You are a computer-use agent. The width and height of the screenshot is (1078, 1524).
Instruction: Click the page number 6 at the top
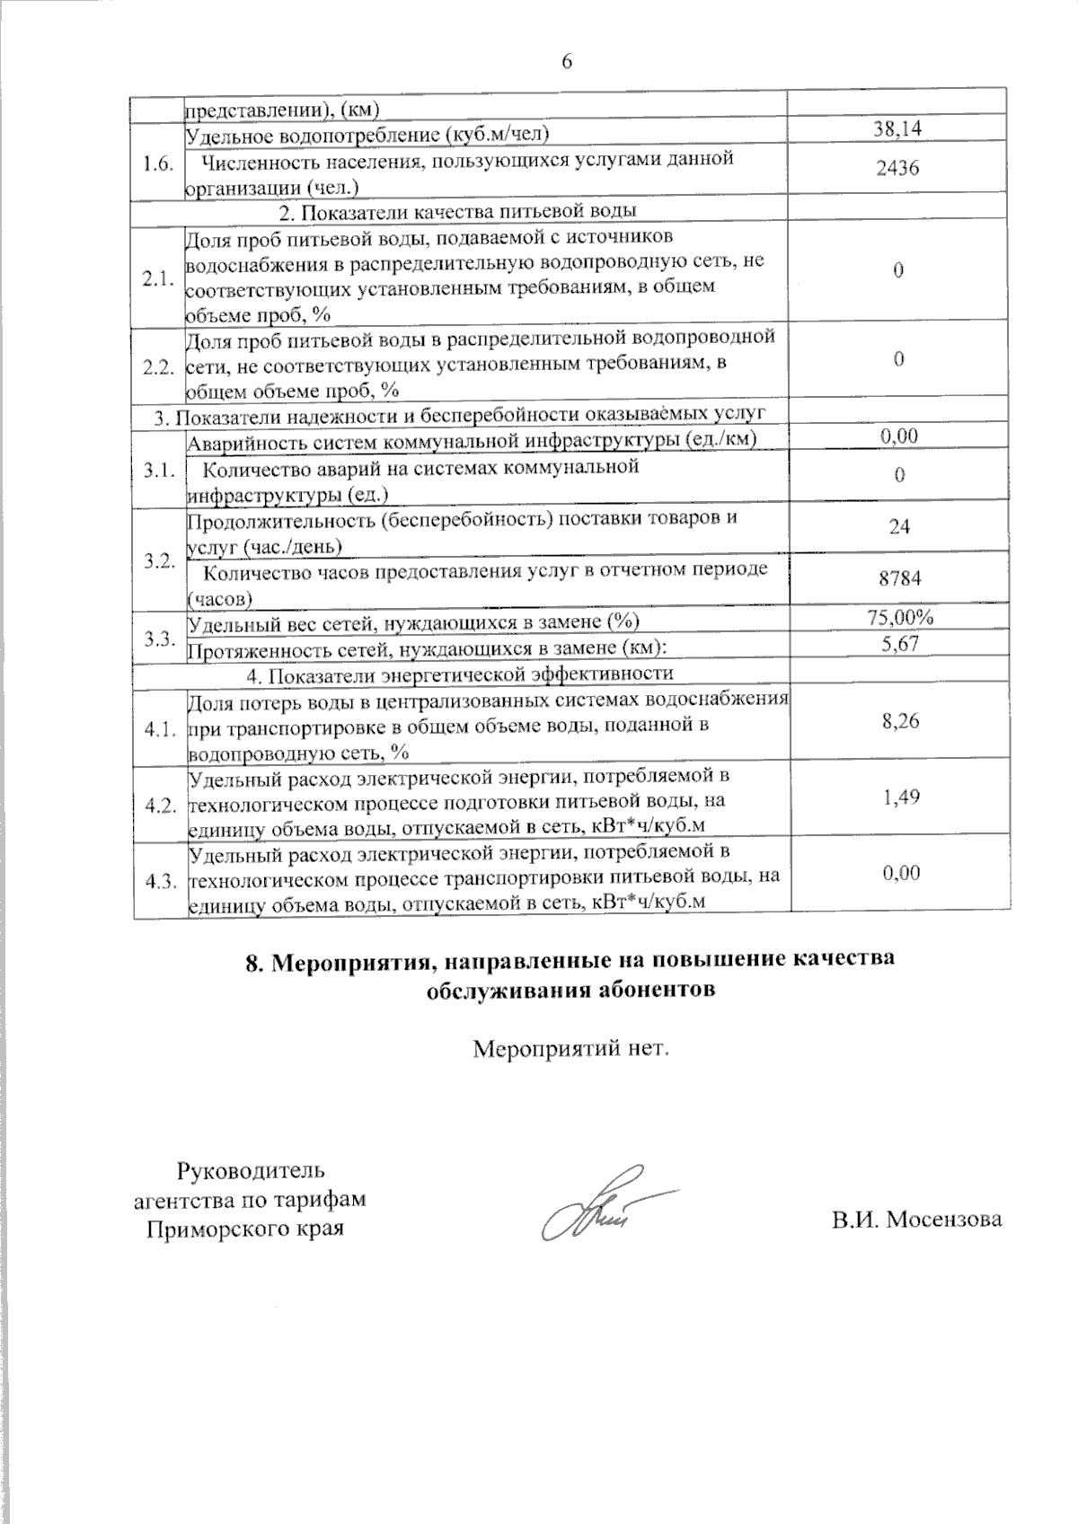566,61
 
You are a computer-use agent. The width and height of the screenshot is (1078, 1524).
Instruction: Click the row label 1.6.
157,168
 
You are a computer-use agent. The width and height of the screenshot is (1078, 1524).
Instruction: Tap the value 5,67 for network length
899,643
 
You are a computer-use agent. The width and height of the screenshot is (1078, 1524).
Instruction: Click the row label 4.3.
159,882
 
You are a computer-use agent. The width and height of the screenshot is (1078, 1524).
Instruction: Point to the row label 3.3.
159,639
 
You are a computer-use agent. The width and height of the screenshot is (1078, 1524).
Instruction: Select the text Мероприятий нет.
572,1048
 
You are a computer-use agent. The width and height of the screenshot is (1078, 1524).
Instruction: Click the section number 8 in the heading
252,960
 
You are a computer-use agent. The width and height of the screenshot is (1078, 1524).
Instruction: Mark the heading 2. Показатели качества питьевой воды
458,212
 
